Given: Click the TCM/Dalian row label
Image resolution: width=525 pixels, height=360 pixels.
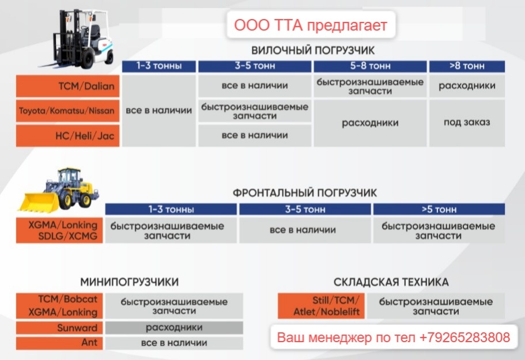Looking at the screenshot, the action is [68, 86].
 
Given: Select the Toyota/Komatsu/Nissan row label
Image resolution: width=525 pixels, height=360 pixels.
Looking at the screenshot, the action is [68, 111].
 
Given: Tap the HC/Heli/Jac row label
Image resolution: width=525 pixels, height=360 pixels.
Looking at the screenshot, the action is [68, 135].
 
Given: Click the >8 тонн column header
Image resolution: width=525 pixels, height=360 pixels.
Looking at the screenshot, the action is [467, 66].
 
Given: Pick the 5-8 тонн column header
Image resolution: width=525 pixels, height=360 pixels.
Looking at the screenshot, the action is [370, 66].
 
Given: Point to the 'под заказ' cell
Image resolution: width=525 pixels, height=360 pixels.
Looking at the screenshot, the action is [467, 123].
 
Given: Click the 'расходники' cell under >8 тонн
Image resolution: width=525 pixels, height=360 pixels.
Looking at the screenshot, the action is [467, 86].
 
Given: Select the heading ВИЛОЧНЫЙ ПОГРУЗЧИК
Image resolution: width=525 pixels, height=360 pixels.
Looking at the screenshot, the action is [313, 50].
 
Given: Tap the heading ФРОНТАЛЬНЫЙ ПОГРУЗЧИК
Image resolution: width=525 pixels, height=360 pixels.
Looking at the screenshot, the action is [305, 192].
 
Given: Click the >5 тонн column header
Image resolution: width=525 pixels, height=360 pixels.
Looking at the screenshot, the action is [439, 209].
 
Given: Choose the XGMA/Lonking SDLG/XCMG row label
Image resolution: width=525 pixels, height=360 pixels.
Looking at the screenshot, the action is [60, 230].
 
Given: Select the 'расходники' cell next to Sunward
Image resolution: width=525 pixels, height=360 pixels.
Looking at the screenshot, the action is [174, 328].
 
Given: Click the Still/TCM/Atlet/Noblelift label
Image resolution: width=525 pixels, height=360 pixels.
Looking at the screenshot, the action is [320, 306].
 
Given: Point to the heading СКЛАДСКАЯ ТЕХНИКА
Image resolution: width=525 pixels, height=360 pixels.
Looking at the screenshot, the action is [391, 282].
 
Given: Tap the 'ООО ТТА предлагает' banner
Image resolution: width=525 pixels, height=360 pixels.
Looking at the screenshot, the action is [310, 25].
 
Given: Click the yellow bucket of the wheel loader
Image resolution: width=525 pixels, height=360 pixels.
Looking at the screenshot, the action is [38, 201].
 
